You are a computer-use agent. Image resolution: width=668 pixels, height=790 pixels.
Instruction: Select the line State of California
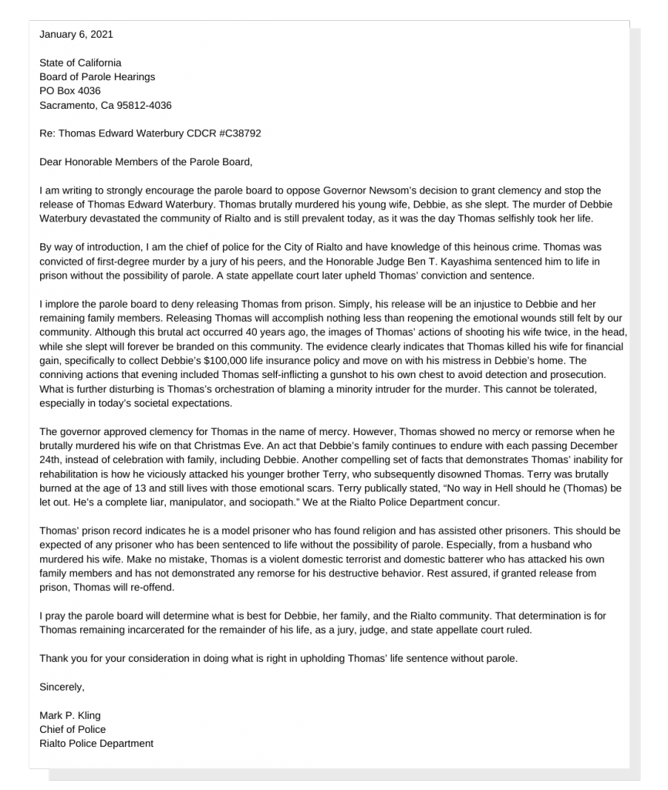(80, 62)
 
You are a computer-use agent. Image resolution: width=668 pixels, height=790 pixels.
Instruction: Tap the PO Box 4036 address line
(70, 91)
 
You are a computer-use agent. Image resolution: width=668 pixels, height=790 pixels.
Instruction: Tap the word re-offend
(153, 587)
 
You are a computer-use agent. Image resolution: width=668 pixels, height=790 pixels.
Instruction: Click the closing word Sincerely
(62, 687)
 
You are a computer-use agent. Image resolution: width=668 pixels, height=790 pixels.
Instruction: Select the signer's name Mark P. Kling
(70, 715)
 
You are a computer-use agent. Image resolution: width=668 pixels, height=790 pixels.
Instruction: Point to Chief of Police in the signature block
(73, 729)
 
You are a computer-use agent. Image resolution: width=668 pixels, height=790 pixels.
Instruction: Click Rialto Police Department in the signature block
(96, 744)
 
